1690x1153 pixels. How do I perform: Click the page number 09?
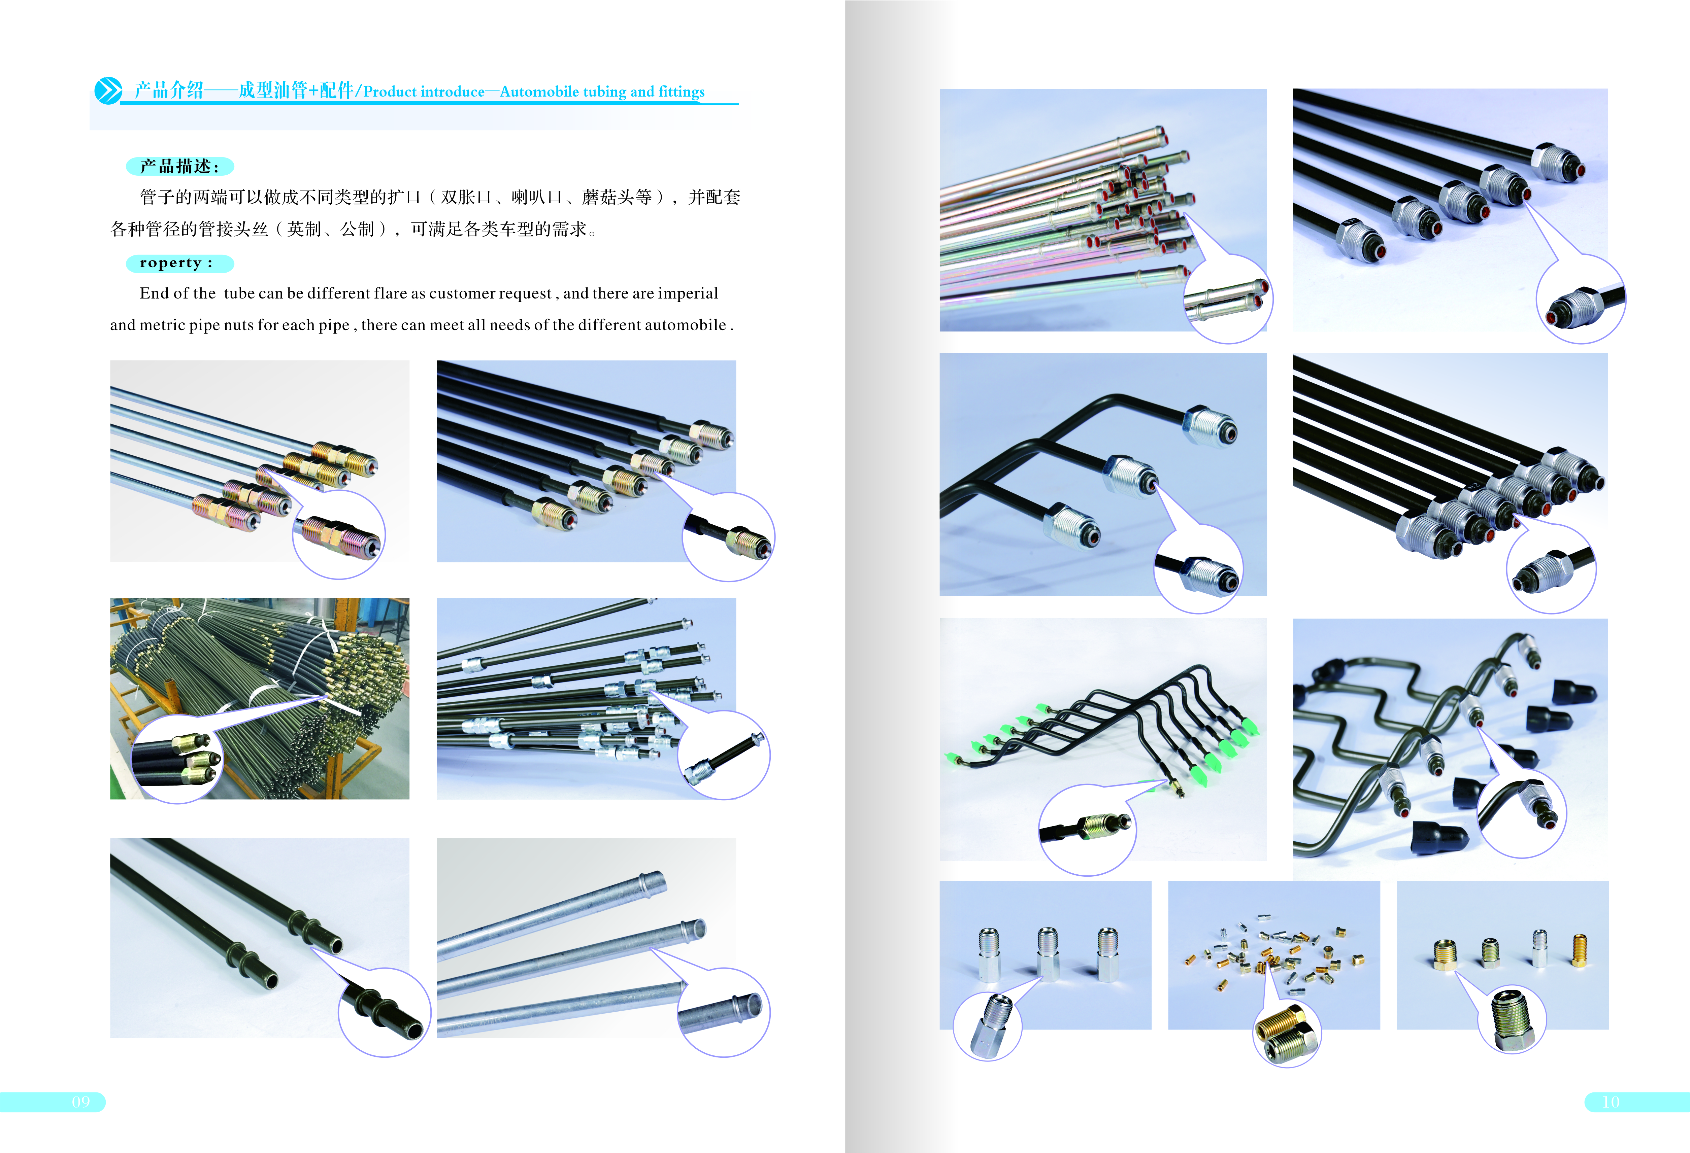click(x=81, y=1102)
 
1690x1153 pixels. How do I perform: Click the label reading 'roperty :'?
click(x=176, y=263)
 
